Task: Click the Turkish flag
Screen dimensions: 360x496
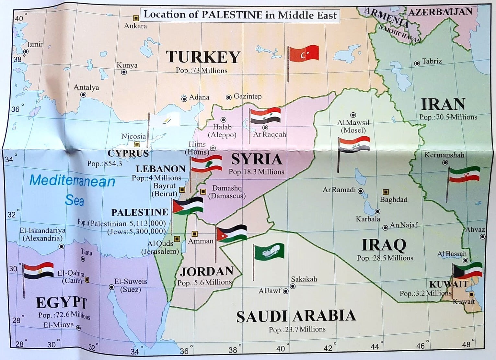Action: pos(304,54)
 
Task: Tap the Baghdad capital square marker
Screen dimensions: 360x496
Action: pos(386,192)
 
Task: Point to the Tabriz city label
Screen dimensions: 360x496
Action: pos(432,61)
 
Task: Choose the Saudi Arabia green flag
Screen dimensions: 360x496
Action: pos(269,252)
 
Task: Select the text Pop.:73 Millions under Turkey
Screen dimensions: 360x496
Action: pos(202,71)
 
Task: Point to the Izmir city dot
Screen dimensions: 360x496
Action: pos(26,51)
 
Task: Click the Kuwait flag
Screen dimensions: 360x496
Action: pos(468,271)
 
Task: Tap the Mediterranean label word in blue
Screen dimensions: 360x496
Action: pos(72,181)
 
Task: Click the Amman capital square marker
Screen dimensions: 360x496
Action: pos(194,234)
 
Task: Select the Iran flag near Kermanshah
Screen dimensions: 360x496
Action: pos(464,174)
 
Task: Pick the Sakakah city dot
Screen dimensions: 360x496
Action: pos(293,286)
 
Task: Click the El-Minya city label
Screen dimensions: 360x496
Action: pos(59,325)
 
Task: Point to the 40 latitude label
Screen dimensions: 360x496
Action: pos(19,18)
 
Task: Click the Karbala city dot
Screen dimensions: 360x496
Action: pos(377,211)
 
